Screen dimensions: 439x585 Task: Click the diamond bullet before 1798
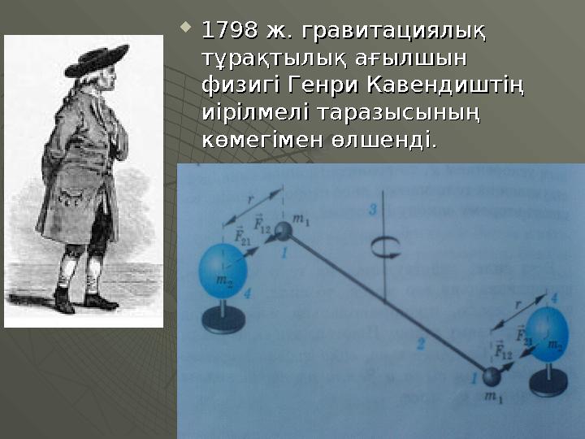coord(185,31)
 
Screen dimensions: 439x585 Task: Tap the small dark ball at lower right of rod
coord(491,376)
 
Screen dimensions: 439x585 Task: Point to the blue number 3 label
coord(373,211)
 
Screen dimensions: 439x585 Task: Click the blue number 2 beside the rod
coord(421,344)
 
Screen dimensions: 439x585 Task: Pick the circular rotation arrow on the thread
coord(383,249)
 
